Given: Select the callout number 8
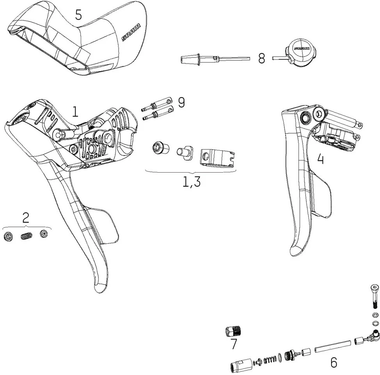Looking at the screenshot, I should point(261,59).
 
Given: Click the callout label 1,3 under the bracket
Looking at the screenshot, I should point(192,182).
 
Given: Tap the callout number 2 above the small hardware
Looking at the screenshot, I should point(26,218).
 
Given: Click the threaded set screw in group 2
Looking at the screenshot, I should point(26,236).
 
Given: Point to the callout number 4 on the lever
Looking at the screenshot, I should point(320,159).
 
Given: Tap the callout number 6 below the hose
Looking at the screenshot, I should point(334,362).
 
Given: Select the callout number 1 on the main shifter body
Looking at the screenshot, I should point(75,112).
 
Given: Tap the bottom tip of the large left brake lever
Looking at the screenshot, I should point(99,288).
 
